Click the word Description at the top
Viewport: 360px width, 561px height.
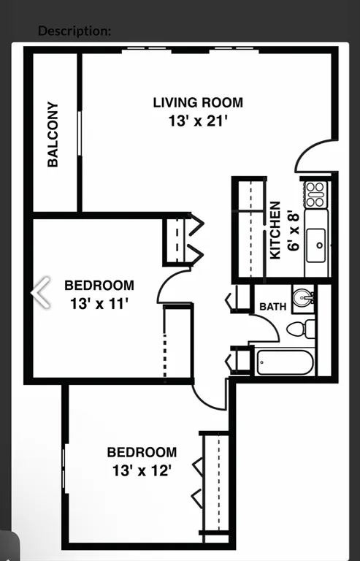pyautogui.click(x=74, y=31)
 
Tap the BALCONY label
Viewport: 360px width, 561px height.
pyautogui.click(x=53, y=134)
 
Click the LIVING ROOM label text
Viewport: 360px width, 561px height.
pyautogui.click(x=198, y=102)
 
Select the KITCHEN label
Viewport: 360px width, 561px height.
pyautogui.click(x=276, y=230)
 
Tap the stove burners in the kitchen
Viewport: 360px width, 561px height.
pyautogui.click(x=315, y=194)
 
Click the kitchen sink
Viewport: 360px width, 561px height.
pyautogui.click(x=317, y=244)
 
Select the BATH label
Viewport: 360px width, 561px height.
pyautogui.click(x=272, y=307)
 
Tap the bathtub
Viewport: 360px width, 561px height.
pyautogui.click(x=285, y=362)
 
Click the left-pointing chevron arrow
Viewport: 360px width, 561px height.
pyautogui.click(x=41, y=292)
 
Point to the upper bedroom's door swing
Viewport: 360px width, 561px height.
pyautogui.click(x=175, y=285)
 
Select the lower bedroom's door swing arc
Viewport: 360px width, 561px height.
pyautogui.click(x=211, y=395)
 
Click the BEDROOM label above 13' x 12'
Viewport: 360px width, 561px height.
pyautogui.click(x=142, y=453)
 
